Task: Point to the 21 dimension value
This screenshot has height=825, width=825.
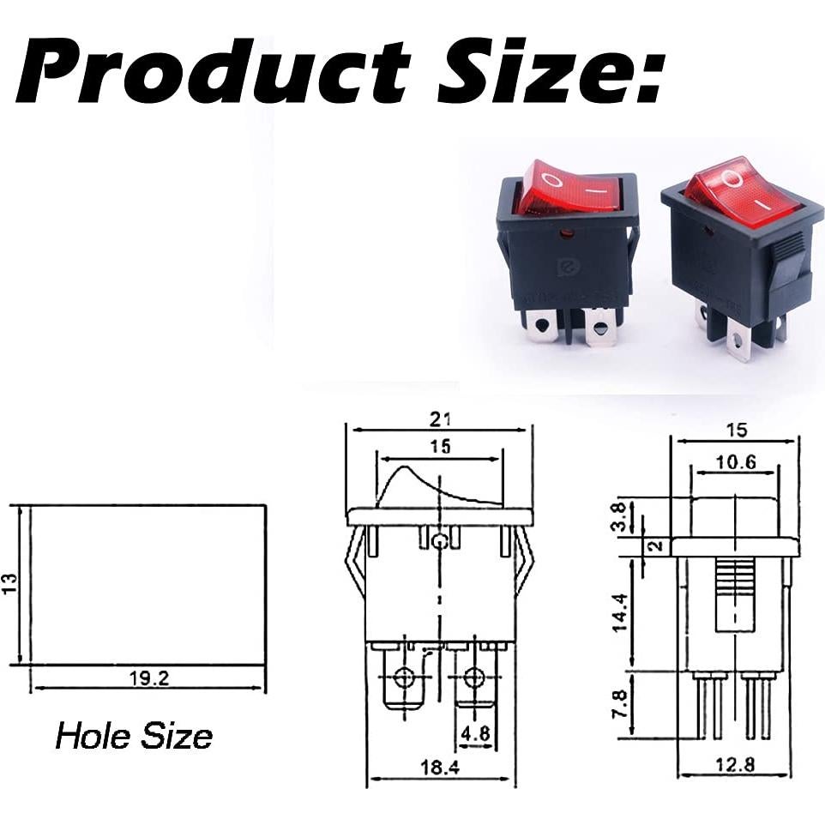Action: (440, 419)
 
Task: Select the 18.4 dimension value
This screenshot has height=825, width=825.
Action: (440, 769)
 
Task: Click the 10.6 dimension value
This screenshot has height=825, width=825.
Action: (736, 462)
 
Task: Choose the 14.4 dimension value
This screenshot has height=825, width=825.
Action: (619, 612)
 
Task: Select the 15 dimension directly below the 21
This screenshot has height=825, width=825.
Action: (440, 447)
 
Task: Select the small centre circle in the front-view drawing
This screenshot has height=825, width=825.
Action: (440, 541)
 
